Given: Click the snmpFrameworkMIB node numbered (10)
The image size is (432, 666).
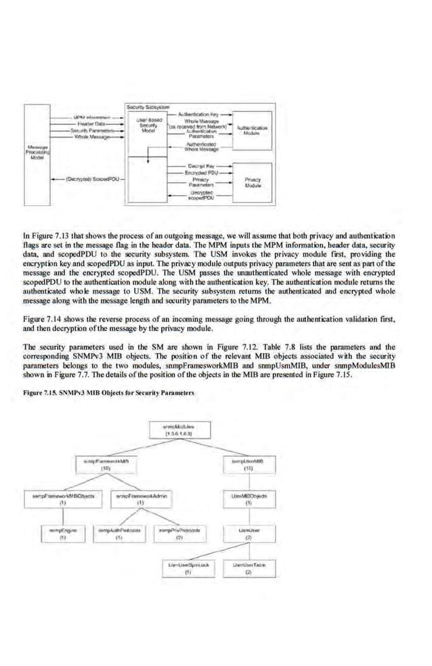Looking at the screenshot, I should coord(106,464).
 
